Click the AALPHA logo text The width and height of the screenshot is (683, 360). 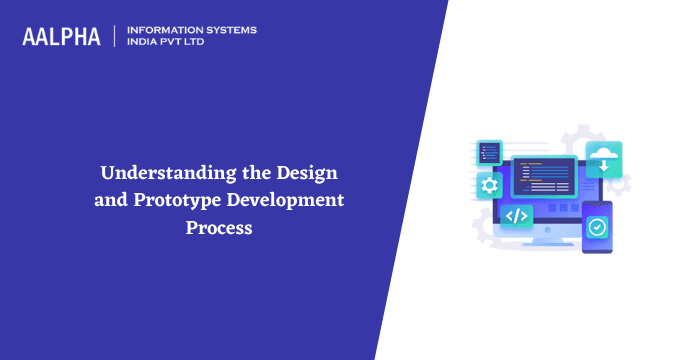tap(61, 37)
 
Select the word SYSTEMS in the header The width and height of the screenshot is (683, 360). tap(229, 30)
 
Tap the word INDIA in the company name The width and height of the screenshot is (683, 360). tap(145, 43)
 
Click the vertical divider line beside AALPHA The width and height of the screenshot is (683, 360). tap(115, 37)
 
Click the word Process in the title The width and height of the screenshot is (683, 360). tap(220, 227)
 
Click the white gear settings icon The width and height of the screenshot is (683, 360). tap(489, 186)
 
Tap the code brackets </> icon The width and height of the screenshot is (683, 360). tap(516, 216)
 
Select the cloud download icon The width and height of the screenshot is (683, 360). tap(603, 156)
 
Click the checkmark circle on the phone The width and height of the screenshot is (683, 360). tap(596, 227)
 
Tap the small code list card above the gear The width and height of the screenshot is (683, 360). tap(489, 152)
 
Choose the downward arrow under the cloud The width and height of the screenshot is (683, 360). tap(604, 166)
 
